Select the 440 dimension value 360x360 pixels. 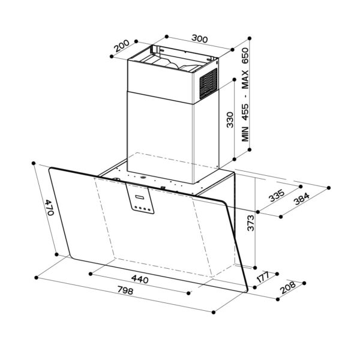[x=139, y=279]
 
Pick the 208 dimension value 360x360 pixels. [x=289, y=289]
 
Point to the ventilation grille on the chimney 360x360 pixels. [x=208, y=83]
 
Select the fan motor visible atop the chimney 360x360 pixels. [x=174, y=62]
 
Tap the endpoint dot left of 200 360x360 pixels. [x=112, y=57]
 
